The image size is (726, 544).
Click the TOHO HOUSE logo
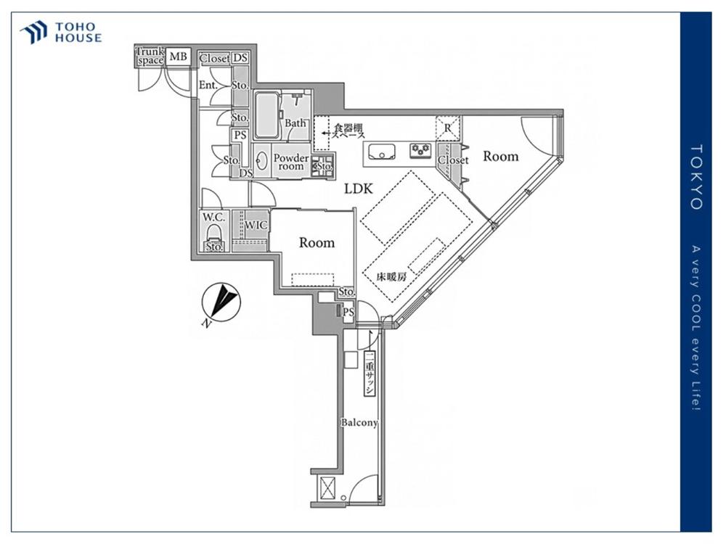(x=61, y=33)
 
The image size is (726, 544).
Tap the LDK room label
(x=359, y=189)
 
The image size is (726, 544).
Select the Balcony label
(x=359, y=422)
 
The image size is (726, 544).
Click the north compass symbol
(x=221, y=302)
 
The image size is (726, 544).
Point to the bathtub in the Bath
(x=266, y=115)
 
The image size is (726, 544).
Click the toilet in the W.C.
(x=213, y=233)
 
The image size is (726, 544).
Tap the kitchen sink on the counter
(x=382, y=152)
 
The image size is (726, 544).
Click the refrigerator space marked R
(x=448, y=128)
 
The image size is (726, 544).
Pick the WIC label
(x=256, y=226)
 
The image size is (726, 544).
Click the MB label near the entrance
(x=179, y=57)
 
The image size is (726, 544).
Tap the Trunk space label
(x=150, y=56)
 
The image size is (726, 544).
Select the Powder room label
(x=291, y=162)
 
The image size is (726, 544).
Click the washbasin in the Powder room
(x=261, y=162)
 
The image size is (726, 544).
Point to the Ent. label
(x=208, y=85)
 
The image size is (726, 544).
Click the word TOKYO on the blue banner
(x=696, y=177)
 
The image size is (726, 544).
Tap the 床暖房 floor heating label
(x=391, y=277)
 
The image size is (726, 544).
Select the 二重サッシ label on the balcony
(x=370, y=374)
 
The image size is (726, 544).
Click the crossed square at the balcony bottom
(x=327, y=488)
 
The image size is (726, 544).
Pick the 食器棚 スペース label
(x=348, y=131)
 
